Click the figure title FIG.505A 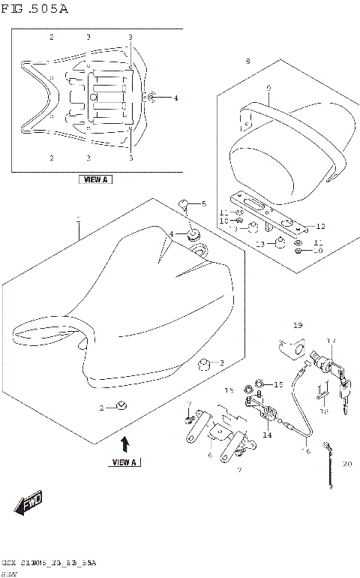tap(35, 9)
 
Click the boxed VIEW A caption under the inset tap(95, 180)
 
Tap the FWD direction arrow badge tap(29, 504)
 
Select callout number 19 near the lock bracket tap(297, 325)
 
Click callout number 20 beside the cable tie tap(346, 464)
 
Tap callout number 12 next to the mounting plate tap(320, 226)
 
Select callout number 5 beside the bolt tap(202, 203)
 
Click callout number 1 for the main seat tap(77, 218)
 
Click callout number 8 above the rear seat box tap(246, 61)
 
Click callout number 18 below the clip tap(324, 411)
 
